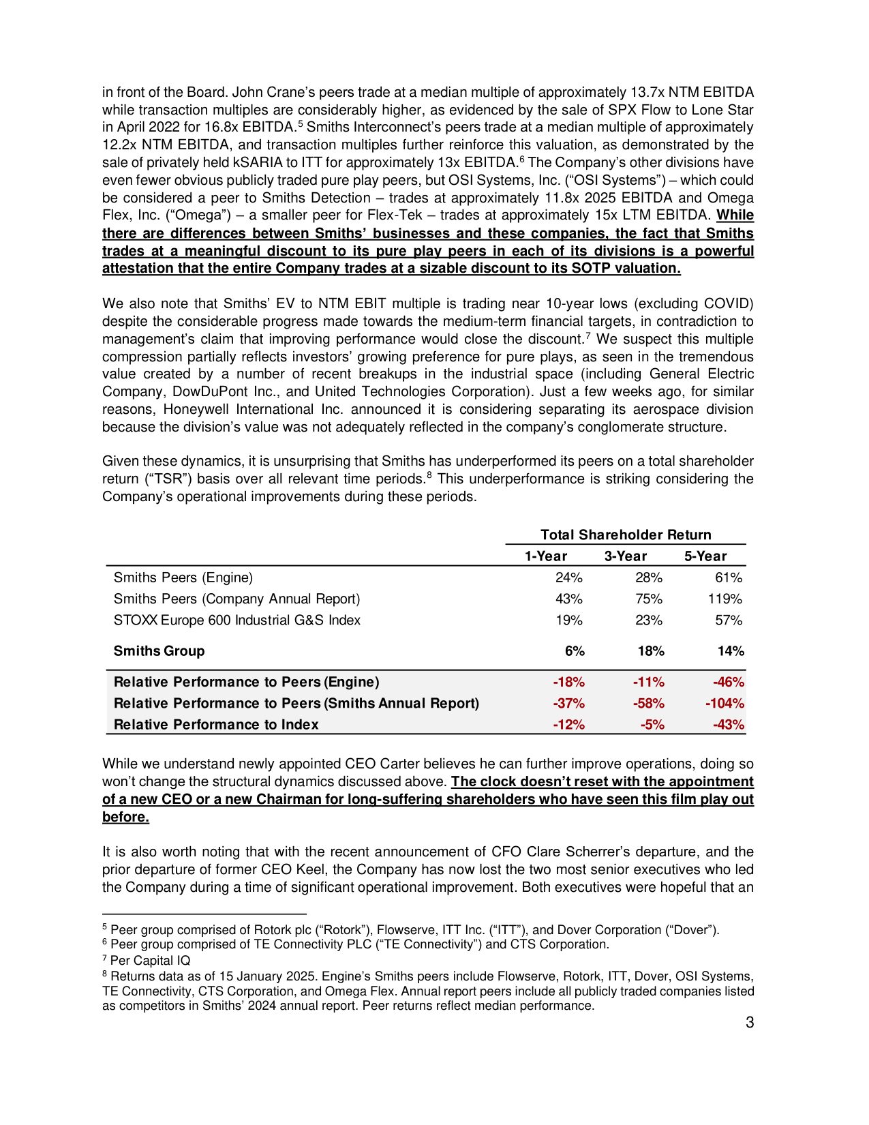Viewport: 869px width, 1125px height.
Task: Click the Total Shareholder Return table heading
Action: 625,535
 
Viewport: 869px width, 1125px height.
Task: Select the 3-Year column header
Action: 625,556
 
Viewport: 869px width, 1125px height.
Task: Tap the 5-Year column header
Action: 705,556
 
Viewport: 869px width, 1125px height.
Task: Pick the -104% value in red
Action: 725,703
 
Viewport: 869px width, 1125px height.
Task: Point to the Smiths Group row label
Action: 159,650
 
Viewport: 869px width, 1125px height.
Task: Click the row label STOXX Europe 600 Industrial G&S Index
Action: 237,620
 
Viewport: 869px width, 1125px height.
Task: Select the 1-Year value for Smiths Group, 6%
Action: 575,650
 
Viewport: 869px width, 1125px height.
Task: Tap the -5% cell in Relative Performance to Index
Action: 652,724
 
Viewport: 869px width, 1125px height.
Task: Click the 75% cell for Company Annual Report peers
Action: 649,599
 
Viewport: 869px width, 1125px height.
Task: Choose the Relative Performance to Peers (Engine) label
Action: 246,682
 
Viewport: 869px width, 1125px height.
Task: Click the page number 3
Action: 749,1022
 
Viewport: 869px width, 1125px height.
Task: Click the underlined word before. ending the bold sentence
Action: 125,817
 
